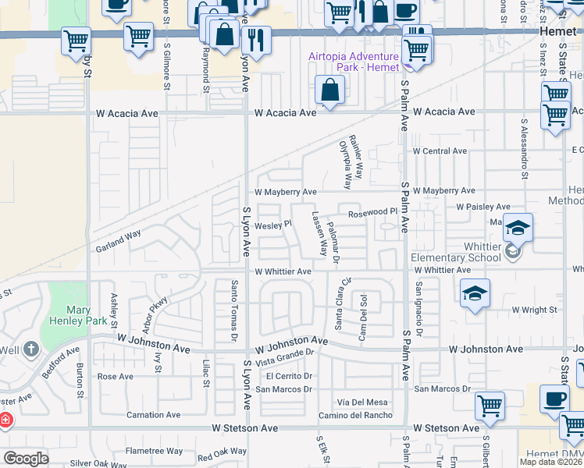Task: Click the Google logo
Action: (x=26, y=459)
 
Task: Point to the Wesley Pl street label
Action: (x=272, y=224)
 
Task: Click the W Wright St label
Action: (x=534, y=310)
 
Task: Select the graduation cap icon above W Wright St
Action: (x=475, y=293)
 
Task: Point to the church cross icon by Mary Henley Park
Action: (x=30, y=348)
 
